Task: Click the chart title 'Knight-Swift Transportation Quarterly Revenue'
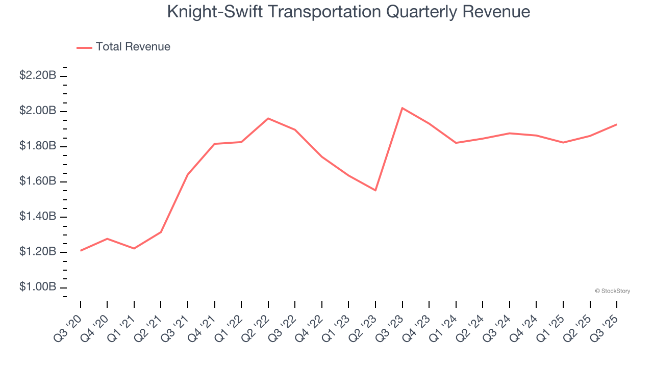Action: [x=348, y=12]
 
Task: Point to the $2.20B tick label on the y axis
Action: [x=38, y=75]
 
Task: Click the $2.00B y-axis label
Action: [x=38, y=111]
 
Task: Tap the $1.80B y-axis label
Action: [x=38, y=146]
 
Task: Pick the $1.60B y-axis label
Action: [x=38, y=181]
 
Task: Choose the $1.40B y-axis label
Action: [x=38, y=217]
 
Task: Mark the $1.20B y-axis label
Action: [x=38, y=252]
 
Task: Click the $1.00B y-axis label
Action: [x=38, y=287]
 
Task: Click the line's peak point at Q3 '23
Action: [x=402, y=108]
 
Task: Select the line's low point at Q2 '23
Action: [x=375, y=190]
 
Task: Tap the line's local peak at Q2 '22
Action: [x=268, y=118]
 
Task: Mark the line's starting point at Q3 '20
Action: [x=81, y=250]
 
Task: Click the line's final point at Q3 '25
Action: [x=617, y=124]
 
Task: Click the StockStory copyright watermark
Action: [x=612, y=291]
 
